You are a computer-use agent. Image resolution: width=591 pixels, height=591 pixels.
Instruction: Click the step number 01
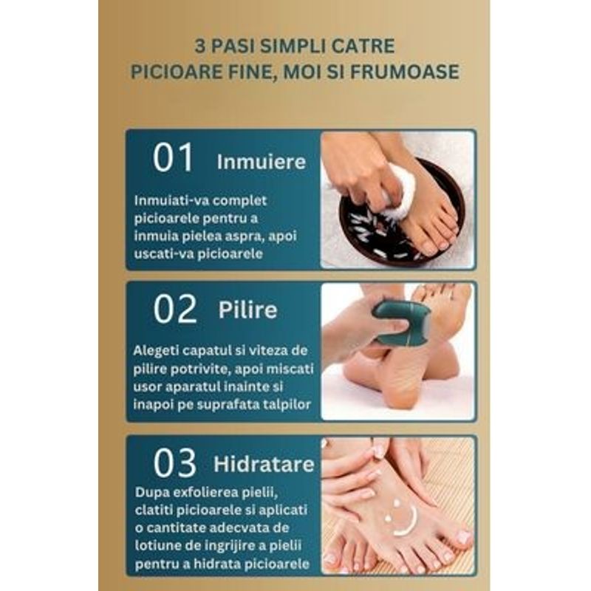tap(173, 158)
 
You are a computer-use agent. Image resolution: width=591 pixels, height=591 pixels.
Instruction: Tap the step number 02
tap(175, 309)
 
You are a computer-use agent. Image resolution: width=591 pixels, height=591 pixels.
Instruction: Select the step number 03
tap(175, 463)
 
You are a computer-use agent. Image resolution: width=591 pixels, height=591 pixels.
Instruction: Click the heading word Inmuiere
tap(261, 163)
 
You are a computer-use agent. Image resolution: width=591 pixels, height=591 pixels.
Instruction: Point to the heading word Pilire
tap(247, 310)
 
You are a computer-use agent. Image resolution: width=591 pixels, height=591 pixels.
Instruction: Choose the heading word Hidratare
tap(263, 465)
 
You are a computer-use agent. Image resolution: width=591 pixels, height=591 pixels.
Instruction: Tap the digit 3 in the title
tap(199, 45)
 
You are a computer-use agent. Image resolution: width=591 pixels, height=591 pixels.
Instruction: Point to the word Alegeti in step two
tap(157, 350)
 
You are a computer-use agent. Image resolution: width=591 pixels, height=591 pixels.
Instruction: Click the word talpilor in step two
tap(289, 403)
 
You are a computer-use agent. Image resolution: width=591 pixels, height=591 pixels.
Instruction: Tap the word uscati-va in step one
tap(165, 253)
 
